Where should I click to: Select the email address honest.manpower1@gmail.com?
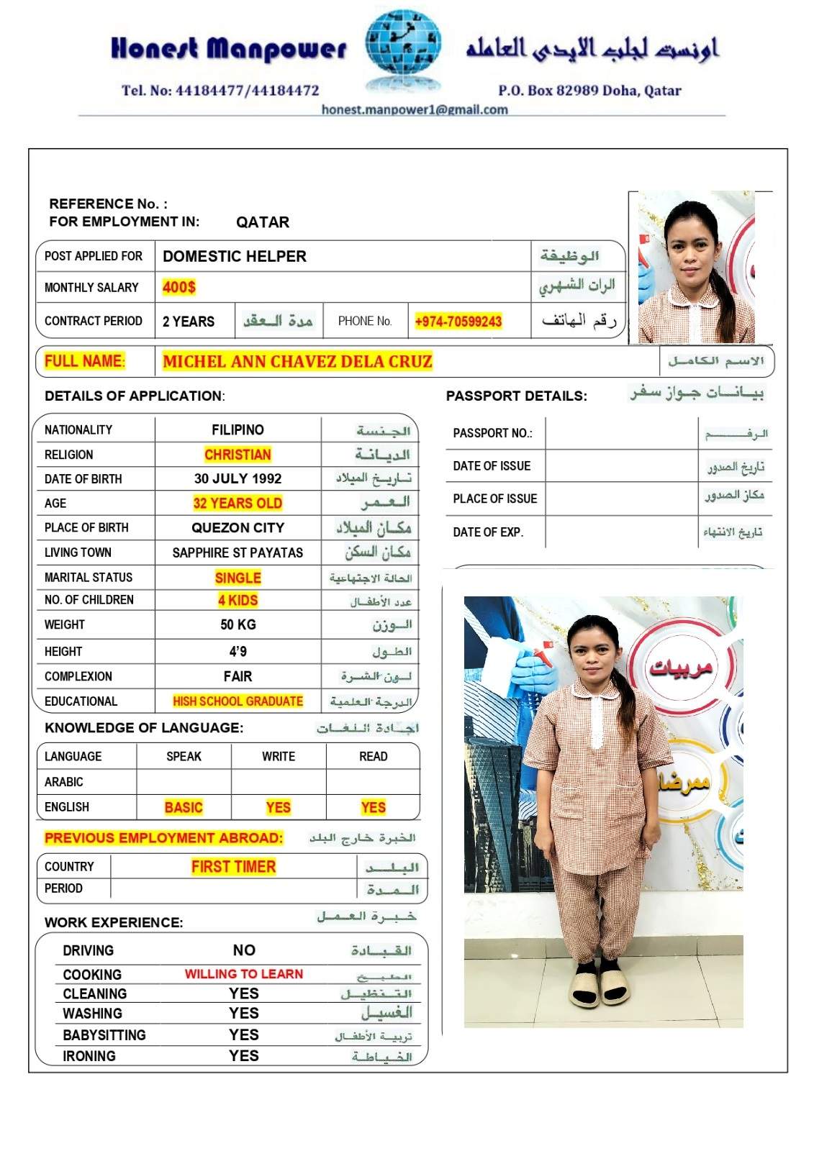pos(415,109)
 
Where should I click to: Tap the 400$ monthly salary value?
pos(179,287)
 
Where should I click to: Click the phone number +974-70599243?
pos(458,322)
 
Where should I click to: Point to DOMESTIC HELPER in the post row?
pos(235,256)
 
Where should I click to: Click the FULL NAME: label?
pos(85,361)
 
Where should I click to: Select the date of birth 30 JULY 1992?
pos(238,478)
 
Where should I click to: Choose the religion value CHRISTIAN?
pos(238,455)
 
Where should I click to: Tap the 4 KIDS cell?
pos(238,600)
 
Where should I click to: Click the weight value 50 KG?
pos(238,624)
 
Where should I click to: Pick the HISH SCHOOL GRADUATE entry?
pos(238,701)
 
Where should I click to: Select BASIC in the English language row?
pos(184,807)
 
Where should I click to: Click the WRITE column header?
pos(279,756)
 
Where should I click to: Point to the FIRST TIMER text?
pos(233,867)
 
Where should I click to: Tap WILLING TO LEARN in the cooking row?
pos(244,974)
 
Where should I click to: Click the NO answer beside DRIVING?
pos(244,950)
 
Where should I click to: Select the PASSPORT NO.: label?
pos(492,433)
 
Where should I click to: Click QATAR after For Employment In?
pos(263,222)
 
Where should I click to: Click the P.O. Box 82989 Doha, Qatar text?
pos(589,91)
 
